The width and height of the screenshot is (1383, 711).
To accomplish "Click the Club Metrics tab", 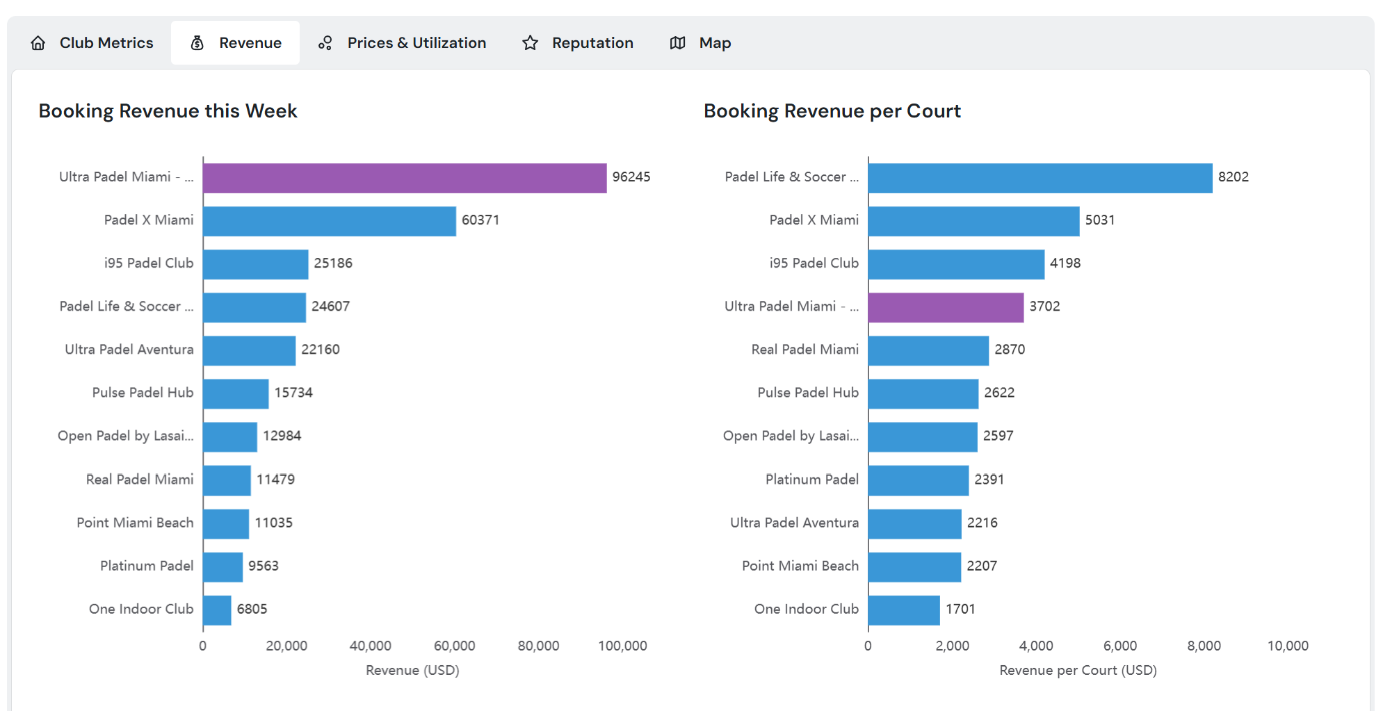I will (x=92, y=43).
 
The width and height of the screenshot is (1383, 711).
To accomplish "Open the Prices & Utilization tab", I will (x=403, y=43).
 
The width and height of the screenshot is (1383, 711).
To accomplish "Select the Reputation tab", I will (x=579, y=43).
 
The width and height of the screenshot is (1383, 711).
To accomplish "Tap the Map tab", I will (x=701, y=43).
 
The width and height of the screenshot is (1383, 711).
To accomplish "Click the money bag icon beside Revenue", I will (x=197, y=43).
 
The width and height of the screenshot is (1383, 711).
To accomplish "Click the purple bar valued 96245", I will (x=405, y=178).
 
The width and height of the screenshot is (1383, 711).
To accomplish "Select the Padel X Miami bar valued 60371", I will (x=330, y=221).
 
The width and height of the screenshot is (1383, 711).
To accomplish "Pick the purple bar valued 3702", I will (x=946, y=307).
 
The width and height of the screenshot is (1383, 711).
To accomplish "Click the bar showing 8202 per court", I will (x=1040, y=178).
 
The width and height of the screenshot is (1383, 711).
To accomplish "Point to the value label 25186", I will (x=333, y=263).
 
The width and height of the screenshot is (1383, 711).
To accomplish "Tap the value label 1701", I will (x=960, y=610).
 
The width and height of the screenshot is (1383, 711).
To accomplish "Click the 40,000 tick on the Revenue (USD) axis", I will (x=371, y=646).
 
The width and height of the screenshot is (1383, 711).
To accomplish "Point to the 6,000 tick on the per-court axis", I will (x=1120, y=646).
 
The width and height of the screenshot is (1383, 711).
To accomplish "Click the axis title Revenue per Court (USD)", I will (x=1078, y=671).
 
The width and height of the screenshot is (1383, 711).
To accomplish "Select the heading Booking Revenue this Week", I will (x=168, y=111).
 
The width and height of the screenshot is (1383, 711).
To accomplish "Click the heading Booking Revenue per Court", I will (x=832, y=111).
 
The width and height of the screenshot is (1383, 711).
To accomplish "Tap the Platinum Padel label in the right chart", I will (x=811, y=480).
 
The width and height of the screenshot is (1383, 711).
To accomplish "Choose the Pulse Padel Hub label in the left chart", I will (x=143, y=393).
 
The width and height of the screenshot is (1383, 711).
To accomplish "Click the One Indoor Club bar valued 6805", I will (x=217, y=610).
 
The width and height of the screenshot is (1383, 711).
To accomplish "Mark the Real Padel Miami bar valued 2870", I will (x=928, y=350).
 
